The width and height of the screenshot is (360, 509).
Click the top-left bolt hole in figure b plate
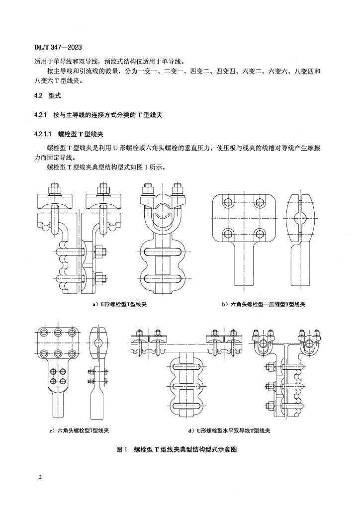coord(228,202)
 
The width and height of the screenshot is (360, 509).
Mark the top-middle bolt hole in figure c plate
coord(59,333)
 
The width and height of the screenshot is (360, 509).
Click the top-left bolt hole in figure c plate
coord(45,333)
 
